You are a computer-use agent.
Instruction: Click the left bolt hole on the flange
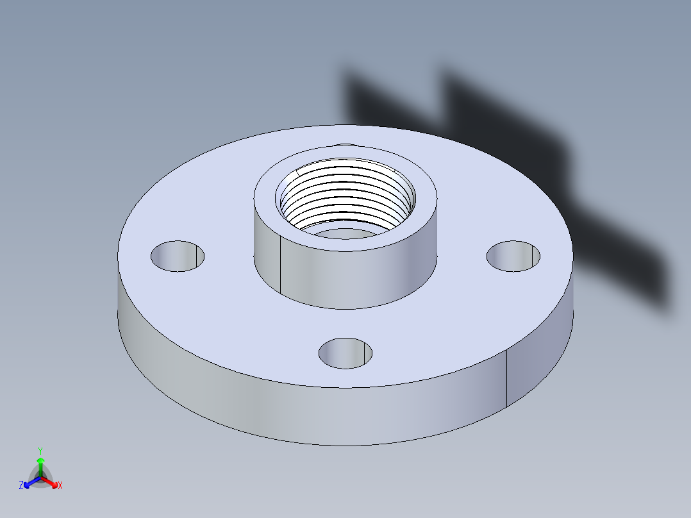[x=178, y=256]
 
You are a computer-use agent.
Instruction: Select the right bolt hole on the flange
[x=513, y=256]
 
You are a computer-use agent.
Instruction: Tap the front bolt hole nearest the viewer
[x=345, y=353]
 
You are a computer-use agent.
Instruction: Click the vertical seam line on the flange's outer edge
[x=507, y=378]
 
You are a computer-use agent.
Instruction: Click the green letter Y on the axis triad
[x=40, y=451]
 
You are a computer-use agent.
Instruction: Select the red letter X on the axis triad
[x=60, y=486]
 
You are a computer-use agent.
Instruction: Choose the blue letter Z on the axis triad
[x=21, y=486]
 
